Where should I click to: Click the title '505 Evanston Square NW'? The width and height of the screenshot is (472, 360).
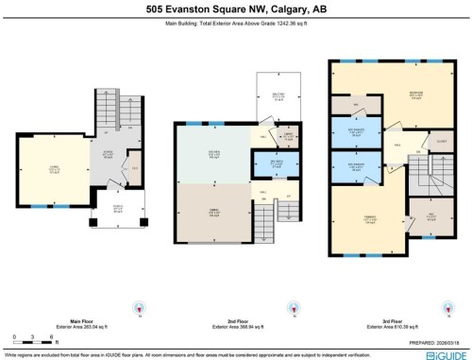point(235,9)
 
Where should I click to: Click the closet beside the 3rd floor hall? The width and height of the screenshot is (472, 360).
point(414,145)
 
